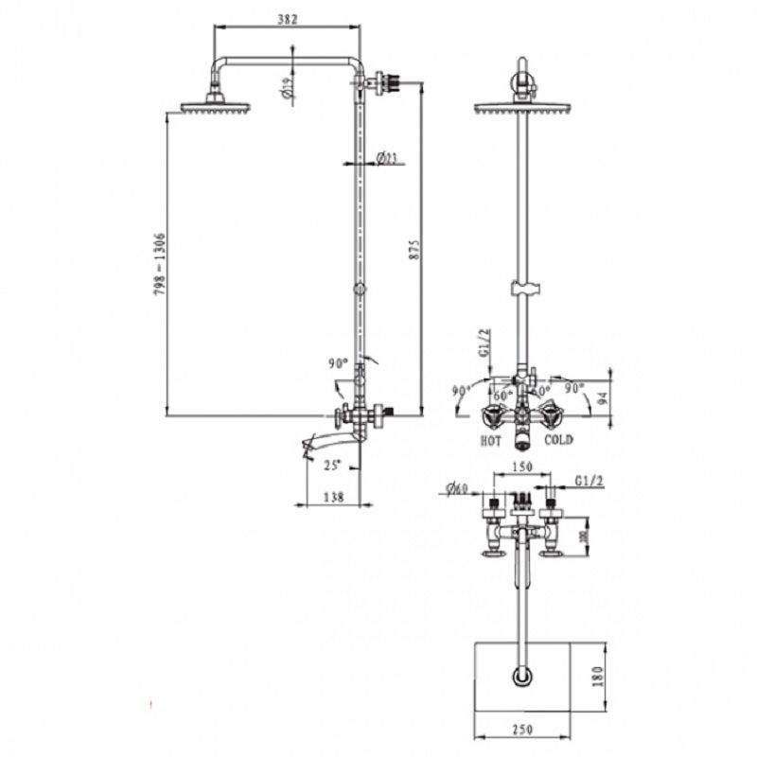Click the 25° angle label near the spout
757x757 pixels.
331,465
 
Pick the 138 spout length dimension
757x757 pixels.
333,496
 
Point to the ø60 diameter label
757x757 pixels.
457,488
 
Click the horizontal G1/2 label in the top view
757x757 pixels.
588,482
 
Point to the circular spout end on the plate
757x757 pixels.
521,678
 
